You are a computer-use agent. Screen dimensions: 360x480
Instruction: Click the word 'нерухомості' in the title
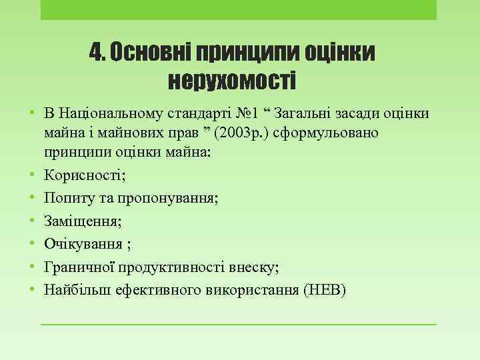click(x=231, y=81)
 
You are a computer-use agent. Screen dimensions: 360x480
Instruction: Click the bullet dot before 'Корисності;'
click(x=33, y=176)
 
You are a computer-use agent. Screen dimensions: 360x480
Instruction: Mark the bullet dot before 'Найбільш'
click(x=33, y=289)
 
